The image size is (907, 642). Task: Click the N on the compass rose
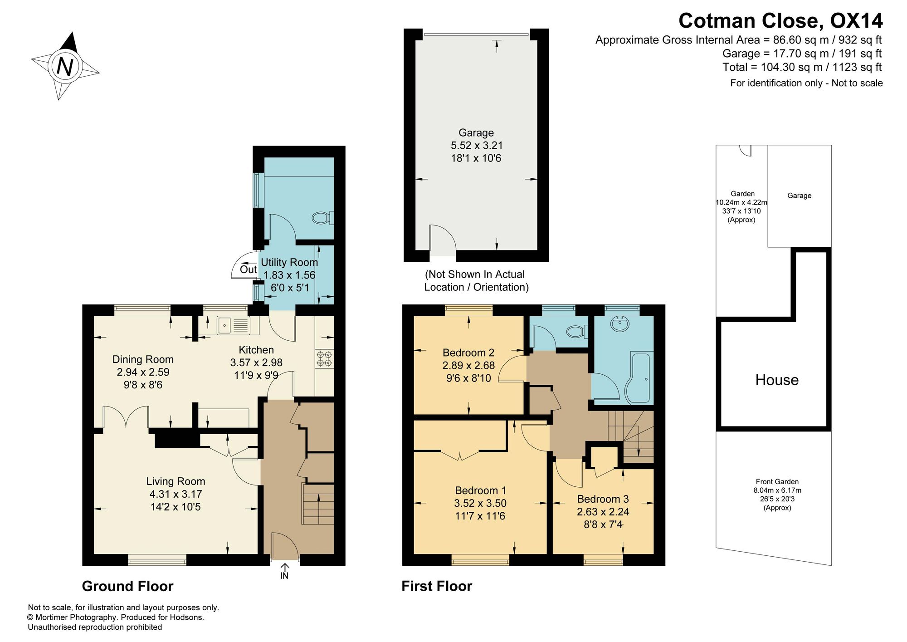(64, 67)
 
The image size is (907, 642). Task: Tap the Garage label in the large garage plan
(476, 132)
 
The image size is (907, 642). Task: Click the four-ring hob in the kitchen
(324, 359)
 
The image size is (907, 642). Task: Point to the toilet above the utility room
(322, 218)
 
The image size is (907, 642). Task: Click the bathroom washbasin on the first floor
(620, 324)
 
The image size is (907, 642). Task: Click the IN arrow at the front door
(285, 571)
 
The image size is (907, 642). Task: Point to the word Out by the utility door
(248, 270)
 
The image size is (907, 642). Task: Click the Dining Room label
(143, 359)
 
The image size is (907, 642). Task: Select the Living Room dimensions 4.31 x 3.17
(176, 494)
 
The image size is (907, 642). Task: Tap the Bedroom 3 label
(603, 499)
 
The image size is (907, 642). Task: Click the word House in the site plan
(777, 380)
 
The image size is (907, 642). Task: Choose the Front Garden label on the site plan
(777, 482)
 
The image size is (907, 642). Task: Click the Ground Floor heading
(127, 586)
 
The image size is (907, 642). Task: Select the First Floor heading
(437, 586)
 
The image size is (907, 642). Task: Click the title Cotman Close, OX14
(780, 21)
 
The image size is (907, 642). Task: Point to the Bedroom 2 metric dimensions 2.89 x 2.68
(468, 365)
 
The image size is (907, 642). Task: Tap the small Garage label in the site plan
(799, 196)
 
